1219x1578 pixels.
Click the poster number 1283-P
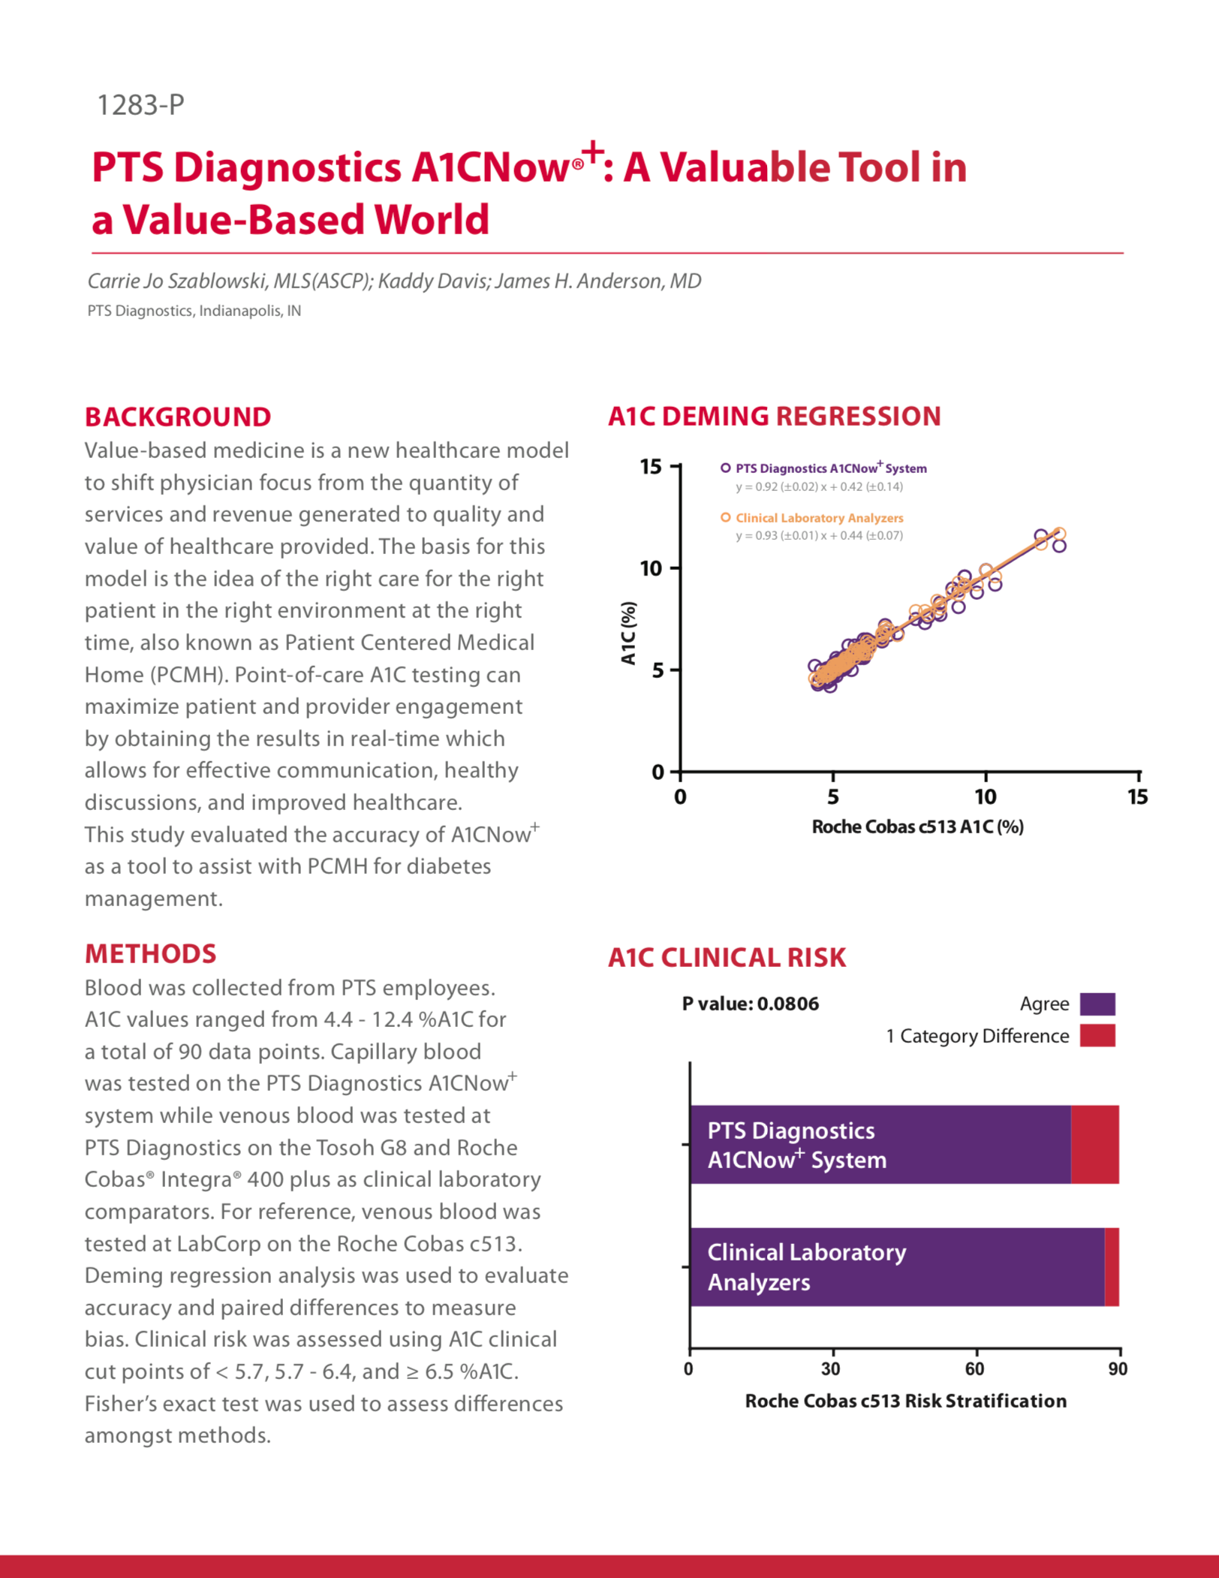click(140, 105)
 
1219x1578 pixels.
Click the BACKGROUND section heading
click(178, 417)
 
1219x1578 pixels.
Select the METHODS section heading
click(150, 953)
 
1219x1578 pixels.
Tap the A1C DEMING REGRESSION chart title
click(774, 416)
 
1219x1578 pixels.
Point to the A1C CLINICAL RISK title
click(727, 957)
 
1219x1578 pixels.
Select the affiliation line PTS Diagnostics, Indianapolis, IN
click(194, 311)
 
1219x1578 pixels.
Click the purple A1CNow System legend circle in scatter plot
click(725, 468)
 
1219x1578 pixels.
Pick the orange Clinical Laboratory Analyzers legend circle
click(725, 517)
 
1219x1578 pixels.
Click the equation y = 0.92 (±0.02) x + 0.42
click(819, 486)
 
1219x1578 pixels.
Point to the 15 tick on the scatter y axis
click(651, 467)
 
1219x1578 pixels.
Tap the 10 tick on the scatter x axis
click(985, 797)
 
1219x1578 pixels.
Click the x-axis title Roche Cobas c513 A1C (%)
click(917, 827)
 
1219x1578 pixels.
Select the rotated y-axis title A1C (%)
click(628, 633)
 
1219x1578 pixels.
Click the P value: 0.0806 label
click(750, 1004)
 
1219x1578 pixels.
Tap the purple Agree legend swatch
click(1097, 1004)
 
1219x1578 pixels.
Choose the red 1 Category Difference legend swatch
click(1097, 1035)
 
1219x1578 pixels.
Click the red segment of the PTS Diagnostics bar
click(1094, 1144)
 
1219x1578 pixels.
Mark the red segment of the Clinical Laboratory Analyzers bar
click(1112, 1266)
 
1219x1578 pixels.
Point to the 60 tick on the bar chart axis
click(974, 1369)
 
